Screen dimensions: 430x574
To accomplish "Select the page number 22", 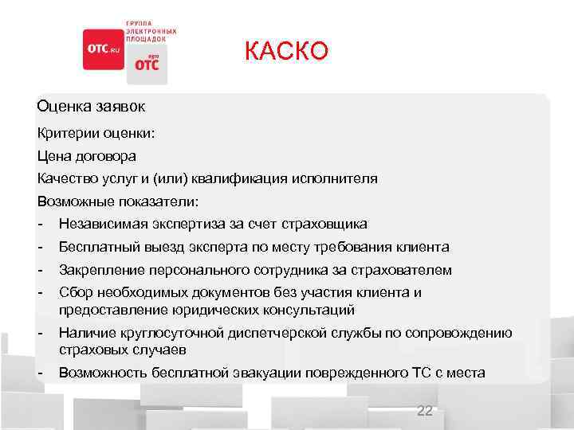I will (x=425, y=410).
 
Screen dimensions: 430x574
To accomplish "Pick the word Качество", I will (x=67, y=178).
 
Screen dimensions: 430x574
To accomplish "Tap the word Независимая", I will (x=101, y=224).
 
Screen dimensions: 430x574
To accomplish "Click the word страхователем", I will (x=397, y=270).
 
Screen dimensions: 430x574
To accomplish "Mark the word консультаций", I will (x=302, y=309).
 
